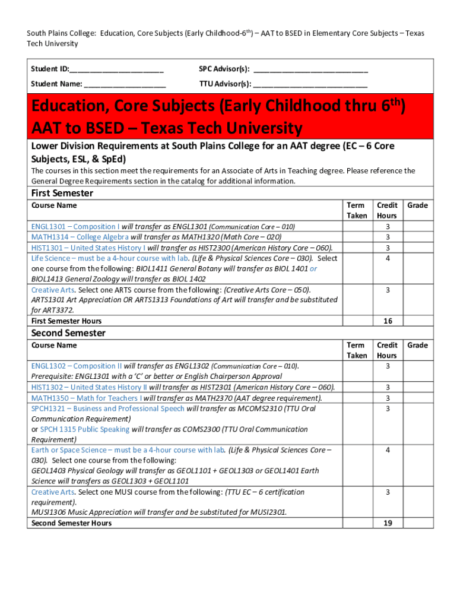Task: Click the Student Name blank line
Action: coord(125,84)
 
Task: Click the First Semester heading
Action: coord(62,193)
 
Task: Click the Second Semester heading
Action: coord(68,333)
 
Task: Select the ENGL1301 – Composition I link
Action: coord(75,226)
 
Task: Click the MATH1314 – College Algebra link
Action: coord(76,237)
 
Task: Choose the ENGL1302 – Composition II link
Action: coord(77,366)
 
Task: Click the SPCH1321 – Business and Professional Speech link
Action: coord(108,408)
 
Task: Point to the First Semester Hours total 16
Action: coord(388,321)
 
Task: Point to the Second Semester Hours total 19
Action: coord(388,523)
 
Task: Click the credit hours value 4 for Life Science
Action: coord(388,258)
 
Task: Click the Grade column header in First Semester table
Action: coord(417,205)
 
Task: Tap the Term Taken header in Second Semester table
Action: coord(356,350)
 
